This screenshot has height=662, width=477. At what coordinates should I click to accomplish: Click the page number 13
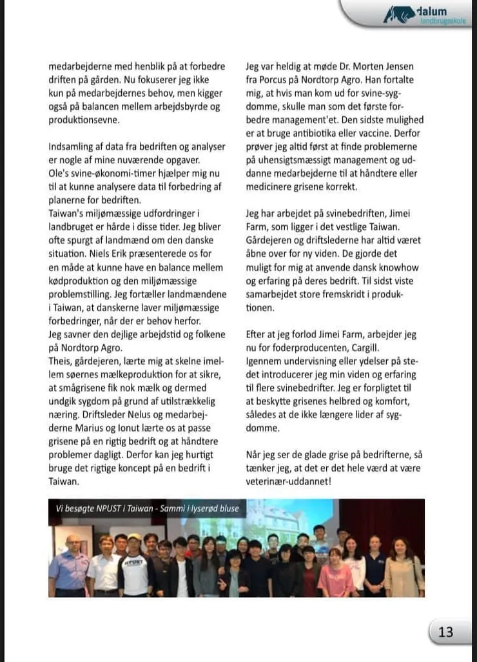[x=446, y=632]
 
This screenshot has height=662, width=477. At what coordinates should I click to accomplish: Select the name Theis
[x=59, y=361]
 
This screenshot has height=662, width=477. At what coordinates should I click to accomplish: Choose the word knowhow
[x=398, y=267]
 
